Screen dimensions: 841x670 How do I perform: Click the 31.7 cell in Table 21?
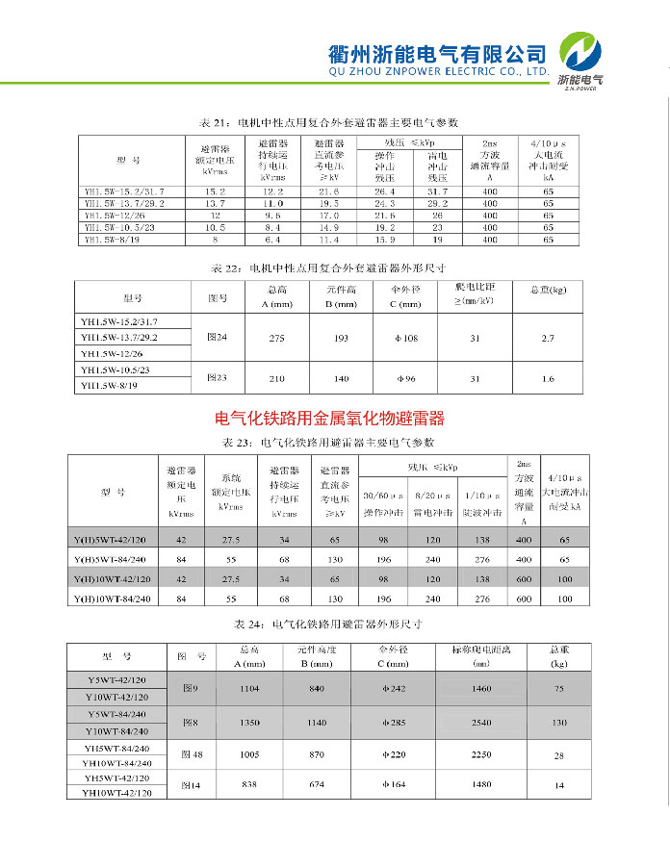click(437, 191)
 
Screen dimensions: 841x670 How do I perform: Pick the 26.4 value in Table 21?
click(384, 191)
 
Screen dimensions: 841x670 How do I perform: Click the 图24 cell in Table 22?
click(218, 338)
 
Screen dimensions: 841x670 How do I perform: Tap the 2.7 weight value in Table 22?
click(548, 338)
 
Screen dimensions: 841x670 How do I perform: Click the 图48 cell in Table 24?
click(191, 754)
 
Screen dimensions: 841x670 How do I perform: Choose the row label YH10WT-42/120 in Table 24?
click(117, 793)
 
